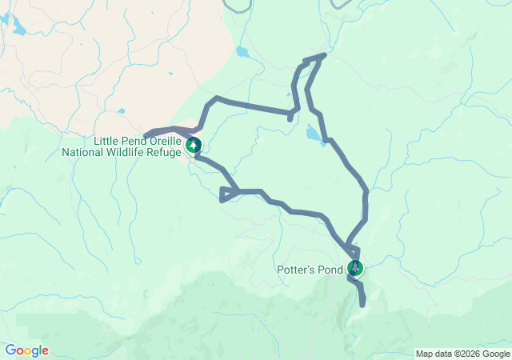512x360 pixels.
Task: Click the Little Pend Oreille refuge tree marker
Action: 194,145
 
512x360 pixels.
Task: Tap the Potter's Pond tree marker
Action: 355,268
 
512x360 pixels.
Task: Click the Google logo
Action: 26,350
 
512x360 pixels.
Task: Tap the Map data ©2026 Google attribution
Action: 462,354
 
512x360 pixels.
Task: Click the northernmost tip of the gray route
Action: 324,55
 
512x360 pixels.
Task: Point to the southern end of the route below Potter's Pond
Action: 363,304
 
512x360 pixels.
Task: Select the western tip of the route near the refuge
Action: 146,134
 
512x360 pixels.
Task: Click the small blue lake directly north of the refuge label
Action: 120,111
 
